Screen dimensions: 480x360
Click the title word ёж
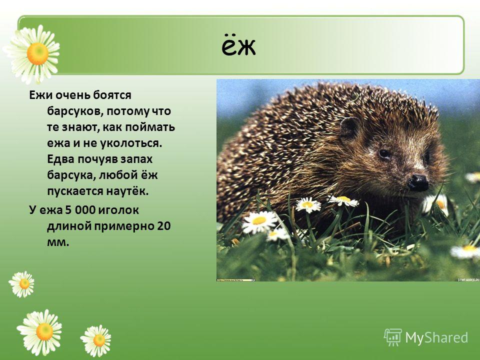point(238,47)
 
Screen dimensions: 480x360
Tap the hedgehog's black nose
point(418,183)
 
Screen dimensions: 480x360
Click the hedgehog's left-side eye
point(384,153)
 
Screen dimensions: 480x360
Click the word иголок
point(120,210)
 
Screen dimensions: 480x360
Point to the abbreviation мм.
point(58,243)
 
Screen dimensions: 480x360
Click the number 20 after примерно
point(164,226)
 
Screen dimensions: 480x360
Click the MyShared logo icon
point(393,337)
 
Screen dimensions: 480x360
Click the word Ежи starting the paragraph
point(40,95)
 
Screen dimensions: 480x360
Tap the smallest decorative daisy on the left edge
point(21,284)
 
